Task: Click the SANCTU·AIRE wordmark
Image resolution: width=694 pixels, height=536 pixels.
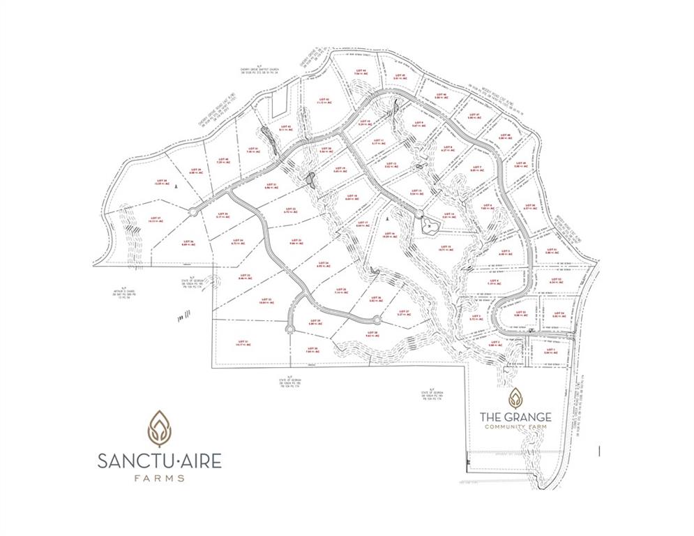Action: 160,461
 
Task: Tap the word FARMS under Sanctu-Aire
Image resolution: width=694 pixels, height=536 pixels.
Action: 160,479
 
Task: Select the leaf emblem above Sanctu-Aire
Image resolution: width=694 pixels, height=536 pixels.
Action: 160,427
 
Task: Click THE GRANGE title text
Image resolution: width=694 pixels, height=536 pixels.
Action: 515,417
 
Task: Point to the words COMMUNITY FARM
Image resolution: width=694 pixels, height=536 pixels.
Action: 515,427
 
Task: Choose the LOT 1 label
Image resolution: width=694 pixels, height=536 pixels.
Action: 551,350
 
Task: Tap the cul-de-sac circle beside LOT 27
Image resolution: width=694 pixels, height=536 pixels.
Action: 377,320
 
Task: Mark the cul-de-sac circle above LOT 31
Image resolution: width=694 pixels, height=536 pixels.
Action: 291,326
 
